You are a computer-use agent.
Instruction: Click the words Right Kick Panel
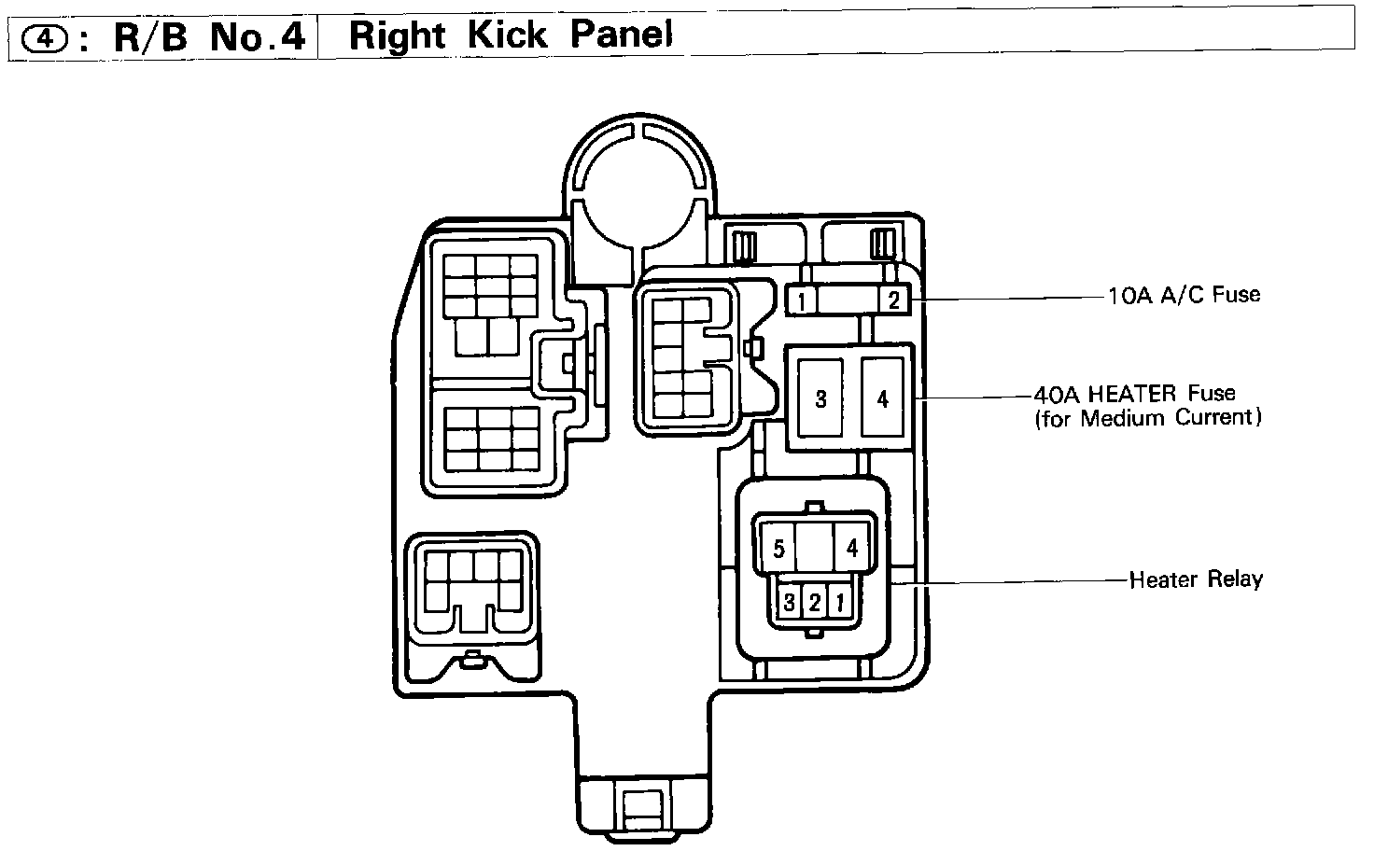point(510,35)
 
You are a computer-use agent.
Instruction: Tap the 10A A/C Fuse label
point(1184,295)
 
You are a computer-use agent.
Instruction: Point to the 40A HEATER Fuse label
point(1134,393)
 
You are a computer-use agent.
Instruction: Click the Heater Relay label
point(1195,579)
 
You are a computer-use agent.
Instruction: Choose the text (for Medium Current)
point(1147,417)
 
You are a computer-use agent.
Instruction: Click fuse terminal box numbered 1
point(802,300)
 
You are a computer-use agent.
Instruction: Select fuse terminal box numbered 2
point(892,300)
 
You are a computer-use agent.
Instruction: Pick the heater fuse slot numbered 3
point(820,398)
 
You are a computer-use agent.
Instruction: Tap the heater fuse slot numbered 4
point(882,398)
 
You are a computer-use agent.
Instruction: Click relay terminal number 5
point(778,548)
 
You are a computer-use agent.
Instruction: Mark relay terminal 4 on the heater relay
point(851,548)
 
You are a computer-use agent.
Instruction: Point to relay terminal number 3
point(789,602)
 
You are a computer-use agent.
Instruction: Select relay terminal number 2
point(814,602)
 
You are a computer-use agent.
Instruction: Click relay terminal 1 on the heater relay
point(838,602)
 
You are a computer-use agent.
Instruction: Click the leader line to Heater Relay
point(1008,582)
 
